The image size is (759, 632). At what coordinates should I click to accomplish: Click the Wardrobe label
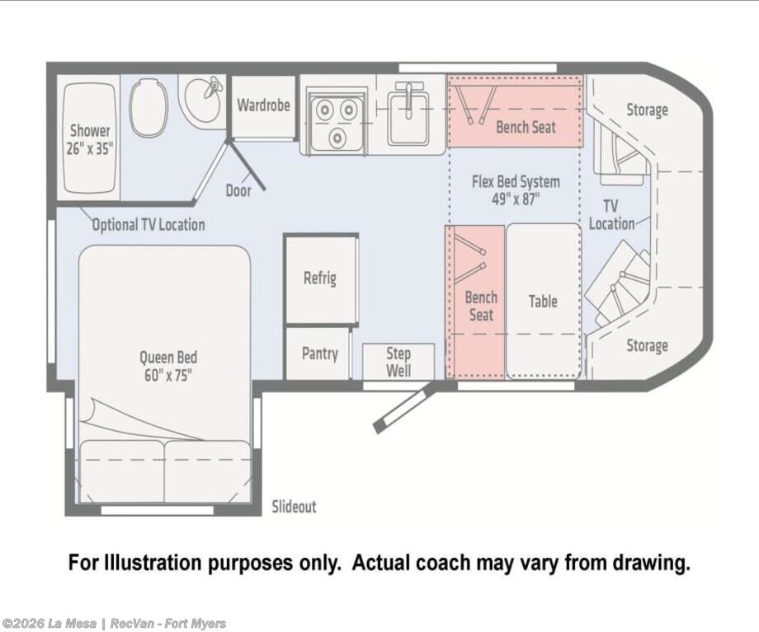pyautogui.click(x=263, y=105)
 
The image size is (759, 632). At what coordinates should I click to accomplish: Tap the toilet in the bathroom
pyautogui.click(x=148, y=107)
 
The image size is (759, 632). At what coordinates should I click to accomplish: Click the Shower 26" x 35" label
pyautogui.click(x=90, y=139)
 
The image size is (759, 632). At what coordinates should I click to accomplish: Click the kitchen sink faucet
pyautogui.click(x=408, y=100)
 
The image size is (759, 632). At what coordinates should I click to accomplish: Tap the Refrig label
pyautogui.click(x=320, y=278)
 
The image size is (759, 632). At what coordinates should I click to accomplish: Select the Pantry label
pyautogui.click(x=320, y=353)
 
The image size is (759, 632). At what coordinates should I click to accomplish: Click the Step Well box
pyautogui.click(x=398, y=362)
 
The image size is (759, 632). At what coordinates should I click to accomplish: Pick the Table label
pyautogui.click(x=543, y=302)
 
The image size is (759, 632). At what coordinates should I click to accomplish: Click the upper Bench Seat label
pyautogui.click(x=526, y=127)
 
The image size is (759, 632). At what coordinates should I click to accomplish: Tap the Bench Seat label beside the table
pyautogui.click(x=481, y=306)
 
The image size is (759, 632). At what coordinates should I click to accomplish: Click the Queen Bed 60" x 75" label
pyautogui.click(x=168, y=366)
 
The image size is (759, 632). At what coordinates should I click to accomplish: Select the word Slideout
pyautogui.click(x=294, y=507)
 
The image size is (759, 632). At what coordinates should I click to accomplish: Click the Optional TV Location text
pyautogui.click(x=148, y=225)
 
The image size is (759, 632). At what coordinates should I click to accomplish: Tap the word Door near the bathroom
pyautogui.click(x=238, y=190)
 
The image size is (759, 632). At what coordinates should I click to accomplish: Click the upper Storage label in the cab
pyautogui.click(x=647, y=110)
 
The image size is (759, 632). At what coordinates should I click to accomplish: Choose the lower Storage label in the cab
pyautogui.click(x=647, y=346)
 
